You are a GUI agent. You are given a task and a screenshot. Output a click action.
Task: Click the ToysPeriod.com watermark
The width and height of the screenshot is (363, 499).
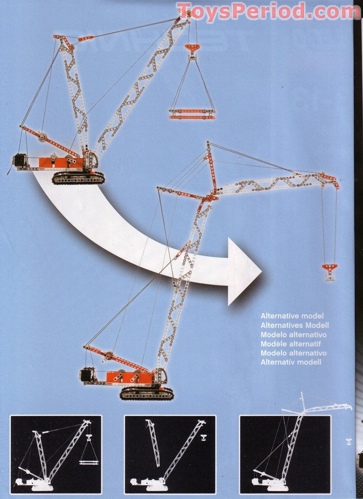[x=268, y=12]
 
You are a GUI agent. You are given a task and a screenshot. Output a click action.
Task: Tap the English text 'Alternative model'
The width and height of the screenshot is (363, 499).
[x=292, y=316]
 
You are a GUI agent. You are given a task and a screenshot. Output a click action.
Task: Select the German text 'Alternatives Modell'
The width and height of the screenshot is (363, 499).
[x=294, y=325]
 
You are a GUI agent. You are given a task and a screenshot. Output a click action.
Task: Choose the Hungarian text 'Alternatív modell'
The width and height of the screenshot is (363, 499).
[x=291, y=362]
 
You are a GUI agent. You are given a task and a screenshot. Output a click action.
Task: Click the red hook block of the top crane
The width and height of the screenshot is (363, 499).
[x=192, y=48]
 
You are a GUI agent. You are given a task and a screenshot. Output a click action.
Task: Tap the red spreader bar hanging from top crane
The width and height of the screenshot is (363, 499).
[x=192, y=114]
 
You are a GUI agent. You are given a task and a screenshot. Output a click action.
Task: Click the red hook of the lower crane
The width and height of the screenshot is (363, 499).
[x=329, y=268]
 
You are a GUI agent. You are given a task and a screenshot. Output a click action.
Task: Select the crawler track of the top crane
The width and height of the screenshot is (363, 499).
[x=78, y=178]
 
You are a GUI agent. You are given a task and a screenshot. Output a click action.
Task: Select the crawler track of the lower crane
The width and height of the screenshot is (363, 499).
[x=146, y=393]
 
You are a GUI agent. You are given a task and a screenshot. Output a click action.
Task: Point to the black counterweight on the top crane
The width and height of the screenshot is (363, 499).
[x=20, y=160]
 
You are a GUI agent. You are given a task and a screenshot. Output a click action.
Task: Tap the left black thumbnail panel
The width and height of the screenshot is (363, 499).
[x=56, y=454]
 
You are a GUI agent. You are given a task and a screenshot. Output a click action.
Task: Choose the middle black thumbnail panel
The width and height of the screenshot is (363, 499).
[x=170, y=454]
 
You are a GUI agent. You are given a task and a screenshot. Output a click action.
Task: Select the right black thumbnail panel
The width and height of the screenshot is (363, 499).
[x=285, y=454]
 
